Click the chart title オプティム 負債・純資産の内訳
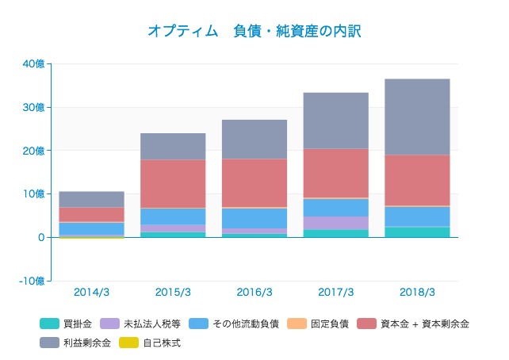point(254,31)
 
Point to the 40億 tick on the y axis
point(34,64)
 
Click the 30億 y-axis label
point(34,107)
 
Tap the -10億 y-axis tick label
point(32,281)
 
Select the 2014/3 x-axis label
point(91,292)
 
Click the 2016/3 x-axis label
point(254,292)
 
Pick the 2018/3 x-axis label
point(416,292)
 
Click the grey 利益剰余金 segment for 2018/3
point(416,117)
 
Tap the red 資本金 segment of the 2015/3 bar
point(173,184)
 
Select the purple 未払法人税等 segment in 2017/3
point(335,223)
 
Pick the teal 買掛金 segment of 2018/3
point(416,232)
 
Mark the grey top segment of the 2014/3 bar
point(91,199)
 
